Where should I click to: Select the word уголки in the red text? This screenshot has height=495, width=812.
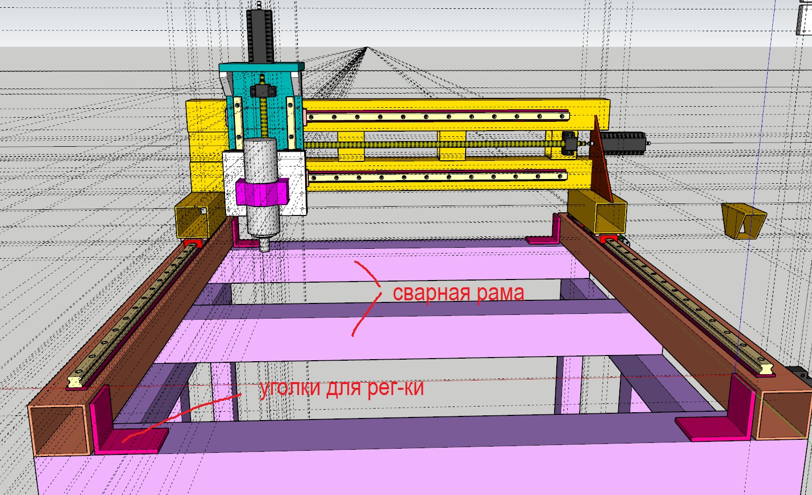click(290, 388)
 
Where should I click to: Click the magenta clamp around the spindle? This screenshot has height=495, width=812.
click(261, 192)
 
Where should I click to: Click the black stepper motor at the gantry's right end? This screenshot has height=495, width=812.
click(623, 144)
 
